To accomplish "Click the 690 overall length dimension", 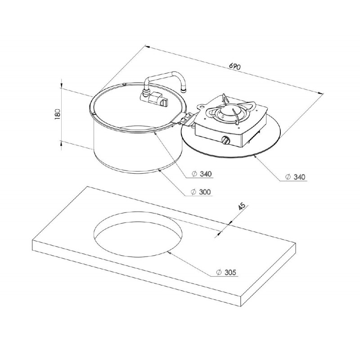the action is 234,66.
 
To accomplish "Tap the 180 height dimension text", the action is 58,114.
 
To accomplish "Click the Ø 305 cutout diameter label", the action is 226,272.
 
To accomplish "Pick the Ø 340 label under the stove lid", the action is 295,177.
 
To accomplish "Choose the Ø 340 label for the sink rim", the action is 202,174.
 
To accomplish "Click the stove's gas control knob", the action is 225,140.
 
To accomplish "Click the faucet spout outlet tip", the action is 183,90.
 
